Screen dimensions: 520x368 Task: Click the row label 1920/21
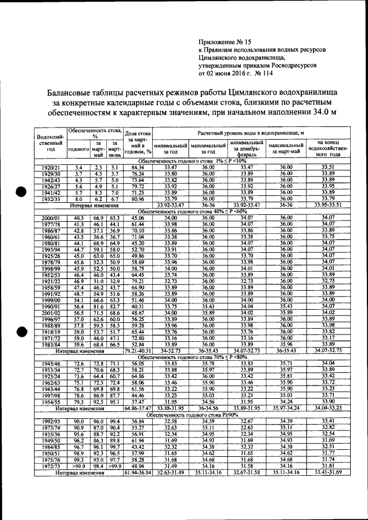(51, 167)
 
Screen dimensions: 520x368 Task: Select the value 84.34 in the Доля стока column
(137, 167)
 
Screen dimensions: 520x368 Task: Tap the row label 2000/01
(51, 217)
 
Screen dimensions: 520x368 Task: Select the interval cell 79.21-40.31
(137, 350)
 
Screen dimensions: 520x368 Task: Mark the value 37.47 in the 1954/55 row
(137, 402)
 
